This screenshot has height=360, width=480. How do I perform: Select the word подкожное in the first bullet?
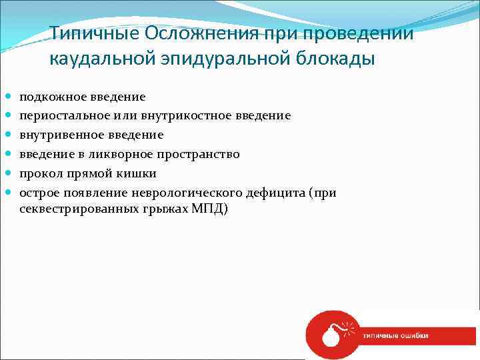point(49,97)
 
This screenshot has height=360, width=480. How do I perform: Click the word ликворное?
point(122,155)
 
